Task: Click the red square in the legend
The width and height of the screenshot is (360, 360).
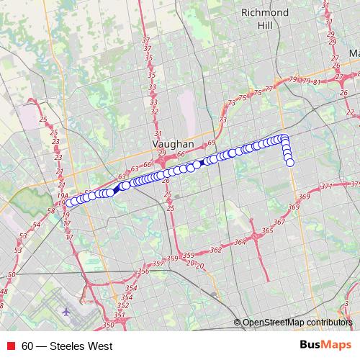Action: click(x=11, y=346)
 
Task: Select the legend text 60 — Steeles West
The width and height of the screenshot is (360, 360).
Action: click(x=67, y=346)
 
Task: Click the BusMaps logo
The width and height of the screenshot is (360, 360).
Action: click(x=325, y=346)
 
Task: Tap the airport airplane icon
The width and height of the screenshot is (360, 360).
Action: click(x=67, y=312)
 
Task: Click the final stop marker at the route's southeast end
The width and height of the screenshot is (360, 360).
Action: click(x=290, y=163)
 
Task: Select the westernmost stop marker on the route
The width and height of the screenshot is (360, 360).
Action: click(x=71, y=204)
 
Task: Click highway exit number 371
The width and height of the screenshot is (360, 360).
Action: click(x=326, y=186)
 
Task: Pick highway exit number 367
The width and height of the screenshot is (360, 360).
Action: click(x=279, y=222)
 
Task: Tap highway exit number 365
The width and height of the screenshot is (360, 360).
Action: click(x=268, y=230)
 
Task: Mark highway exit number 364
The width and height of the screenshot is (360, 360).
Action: click(x=240, y=243)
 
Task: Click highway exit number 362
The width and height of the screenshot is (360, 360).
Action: click(x=215, y=251)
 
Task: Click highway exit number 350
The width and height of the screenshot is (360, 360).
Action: click(x=108, y=325)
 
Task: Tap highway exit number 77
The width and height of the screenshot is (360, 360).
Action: click(x=269, y=89)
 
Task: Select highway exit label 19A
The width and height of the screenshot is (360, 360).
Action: click(x=63, y=195)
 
